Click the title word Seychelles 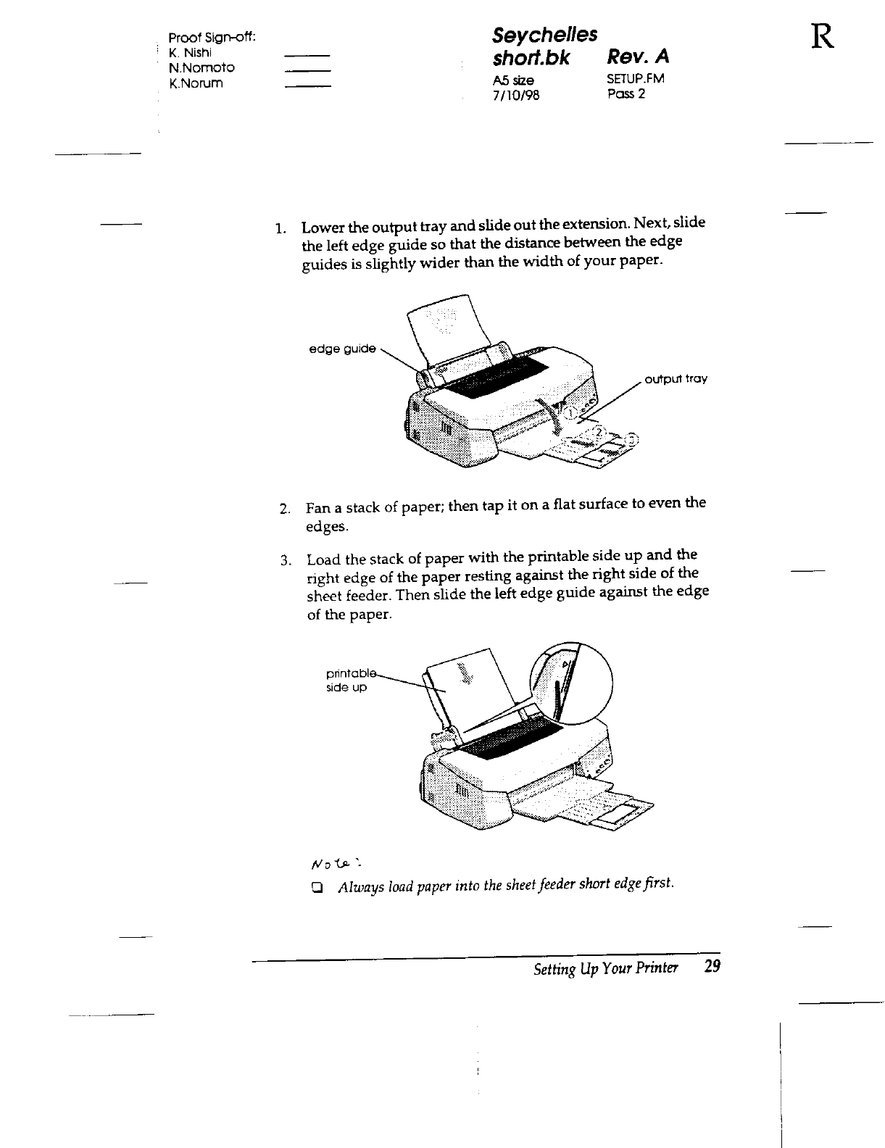point(544,34)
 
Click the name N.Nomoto point(201,67)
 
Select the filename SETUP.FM point(636,79)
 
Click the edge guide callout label point(342,349)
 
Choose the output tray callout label point(676,379)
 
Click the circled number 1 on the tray point(571,412)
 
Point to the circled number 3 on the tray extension point(632,438)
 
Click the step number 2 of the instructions point(285,507)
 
